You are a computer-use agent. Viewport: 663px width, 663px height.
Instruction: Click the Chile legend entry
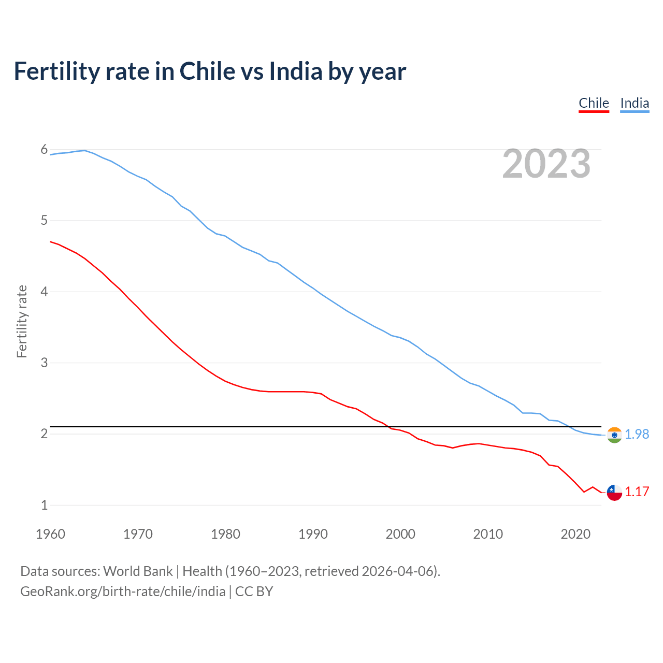[594, 103]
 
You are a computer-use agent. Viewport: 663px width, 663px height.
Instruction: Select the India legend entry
[635, 103]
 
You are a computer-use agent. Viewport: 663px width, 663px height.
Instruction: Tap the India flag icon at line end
[614, 435]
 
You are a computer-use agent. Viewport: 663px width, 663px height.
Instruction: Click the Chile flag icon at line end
[614, 493]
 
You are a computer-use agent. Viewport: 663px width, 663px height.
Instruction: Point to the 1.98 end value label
[637, 434]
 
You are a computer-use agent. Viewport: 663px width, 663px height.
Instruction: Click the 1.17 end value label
[637, 492]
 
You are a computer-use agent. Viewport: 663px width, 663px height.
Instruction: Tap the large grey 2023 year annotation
[546, 164]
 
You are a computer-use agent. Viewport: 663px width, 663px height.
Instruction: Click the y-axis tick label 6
[44, 150]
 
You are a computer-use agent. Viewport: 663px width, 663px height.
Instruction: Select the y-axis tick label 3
[44, 363]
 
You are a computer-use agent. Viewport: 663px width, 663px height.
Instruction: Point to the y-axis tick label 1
[44, 505]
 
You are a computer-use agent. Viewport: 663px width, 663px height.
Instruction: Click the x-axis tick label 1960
[50, 534]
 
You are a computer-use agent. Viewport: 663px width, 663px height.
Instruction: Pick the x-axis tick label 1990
[313, 534]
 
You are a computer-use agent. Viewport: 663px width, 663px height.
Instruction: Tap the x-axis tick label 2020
[575, 534]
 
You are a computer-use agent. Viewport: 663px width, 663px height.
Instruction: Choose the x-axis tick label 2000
[400, 534]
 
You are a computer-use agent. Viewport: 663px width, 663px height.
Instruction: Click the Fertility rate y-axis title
[22, 321]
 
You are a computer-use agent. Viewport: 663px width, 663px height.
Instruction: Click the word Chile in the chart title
[207, 71]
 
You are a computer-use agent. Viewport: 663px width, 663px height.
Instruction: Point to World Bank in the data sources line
[138, 571]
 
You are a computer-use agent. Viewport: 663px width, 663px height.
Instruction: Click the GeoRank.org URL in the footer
[123, 592]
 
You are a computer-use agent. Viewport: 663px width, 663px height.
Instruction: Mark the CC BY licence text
[254, 592]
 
